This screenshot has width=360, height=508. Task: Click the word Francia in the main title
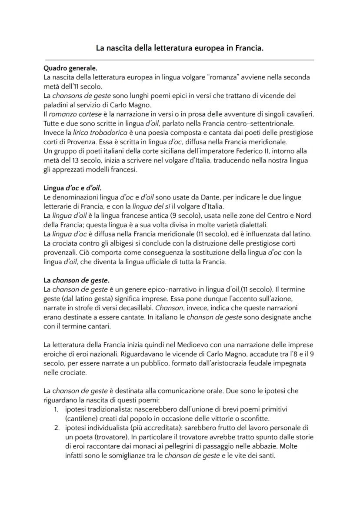pos(249,49)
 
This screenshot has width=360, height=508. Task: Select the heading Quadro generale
pos(71,69)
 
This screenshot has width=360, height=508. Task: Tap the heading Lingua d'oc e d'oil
pos(73,188)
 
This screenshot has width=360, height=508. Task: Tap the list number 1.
pos(56,410)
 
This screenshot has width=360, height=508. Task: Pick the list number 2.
pos(56,428)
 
